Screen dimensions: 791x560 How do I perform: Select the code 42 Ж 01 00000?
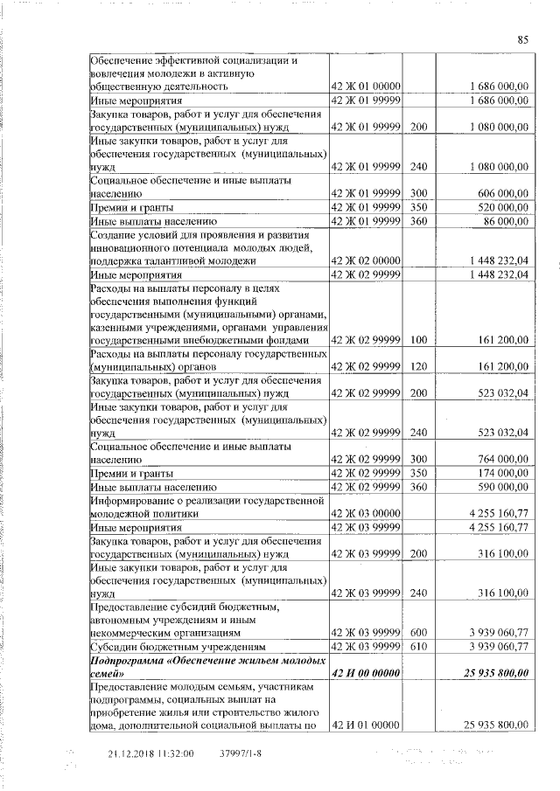pos(366,87)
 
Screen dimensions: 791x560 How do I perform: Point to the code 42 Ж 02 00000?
pos(366,260)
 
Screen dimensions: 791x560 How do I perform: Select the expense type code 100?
pos(417,339)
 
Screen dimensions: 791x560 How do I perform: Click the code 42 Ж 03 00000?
pos(366,514)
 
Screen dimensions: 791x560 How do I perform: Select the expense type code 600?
pos(417,632)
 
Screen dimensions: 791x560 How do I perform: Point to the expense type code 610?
pos(417,646)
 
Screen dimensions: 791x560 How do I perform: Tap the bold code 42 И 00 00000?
pos(366,672)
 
